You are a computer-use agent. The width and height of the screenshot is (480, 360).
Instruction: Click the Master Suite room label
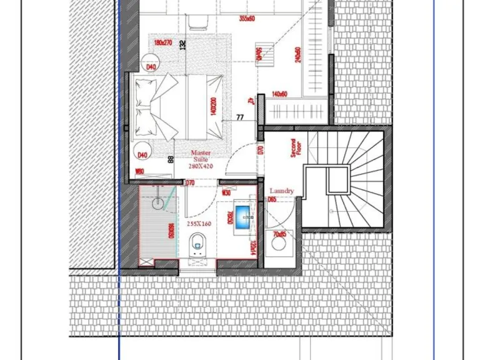point(201,152)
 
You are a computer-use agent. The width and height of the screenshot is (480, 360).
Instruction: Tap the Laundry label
point(281,191)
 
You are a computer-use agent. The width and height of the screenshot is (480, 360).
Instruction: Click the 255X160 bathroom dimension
point(199,223)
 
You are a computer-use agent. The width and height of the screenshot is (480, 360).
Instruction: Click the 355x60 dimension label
point(247,18)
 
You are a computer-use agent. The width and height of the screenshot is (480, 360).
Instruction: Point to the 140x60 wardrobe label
point(279,94)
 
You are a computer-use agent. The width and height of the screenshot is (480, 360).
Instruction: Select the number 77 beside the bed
point(240,117)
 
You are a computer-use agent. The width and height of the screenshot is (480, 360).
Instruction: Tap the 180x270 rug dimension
point(164,42)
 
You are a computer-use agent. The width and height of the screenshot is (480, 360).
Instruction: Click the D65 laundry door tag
point(272,199)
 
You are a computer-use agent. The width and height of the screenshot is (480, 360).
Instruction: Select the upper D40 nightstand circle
point(151,66)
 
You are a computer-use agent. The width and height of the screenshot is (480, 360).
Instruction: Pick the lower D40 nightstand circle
point(142,154)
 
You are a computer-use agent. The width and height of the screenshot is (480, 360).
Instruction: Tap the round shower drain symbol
point(159,202)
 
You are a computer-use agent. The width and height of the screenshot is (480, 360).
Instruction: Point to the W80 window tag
point(140,172)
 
